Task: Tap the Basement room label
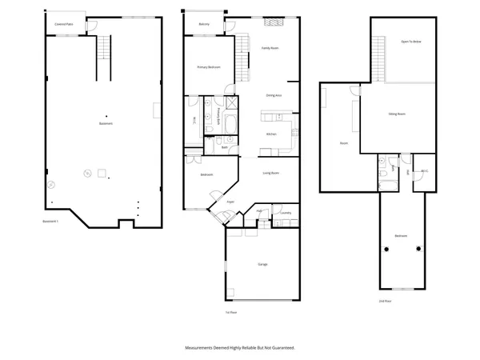tap(106, 123)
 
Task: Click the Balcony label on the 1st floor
tap(204, 25)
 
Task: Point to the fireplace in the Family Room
tap(270, 23)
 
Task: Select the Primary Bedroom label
tap(209, 67)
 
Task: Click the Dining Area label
tap(273, 95)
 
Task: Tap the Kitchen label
tap(271, 134)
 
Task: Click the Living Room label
tap(271, 172)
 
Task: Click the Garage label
tap(262, 264)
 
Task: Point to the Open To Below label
tap(411, 42)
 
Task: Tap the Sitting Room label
tap(398, 114)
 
